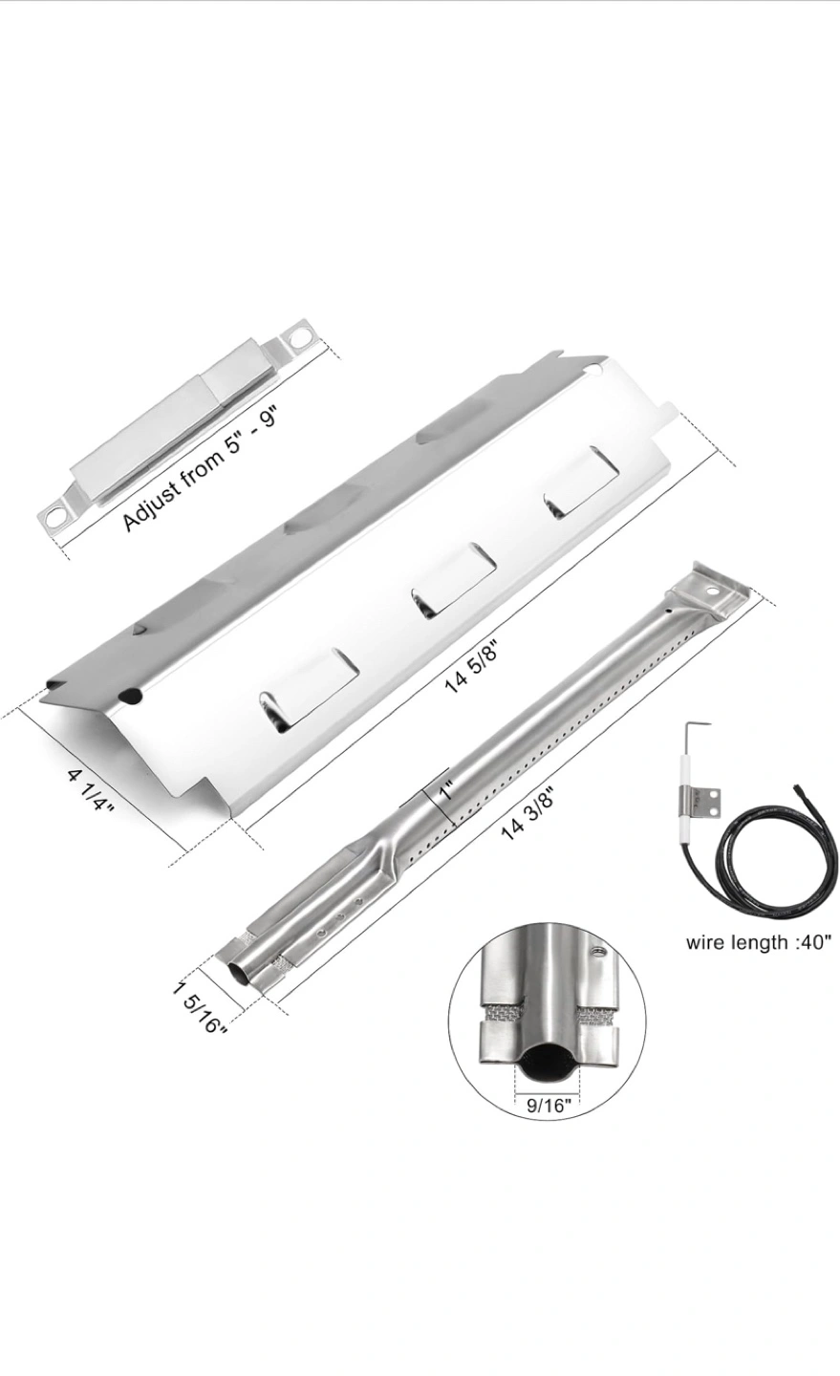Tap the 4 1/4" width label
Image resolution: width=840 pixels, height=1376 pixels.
click(92, 791)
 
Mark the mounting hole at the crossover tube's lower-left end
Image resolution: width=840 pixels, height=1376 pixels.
click(54, 516)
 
